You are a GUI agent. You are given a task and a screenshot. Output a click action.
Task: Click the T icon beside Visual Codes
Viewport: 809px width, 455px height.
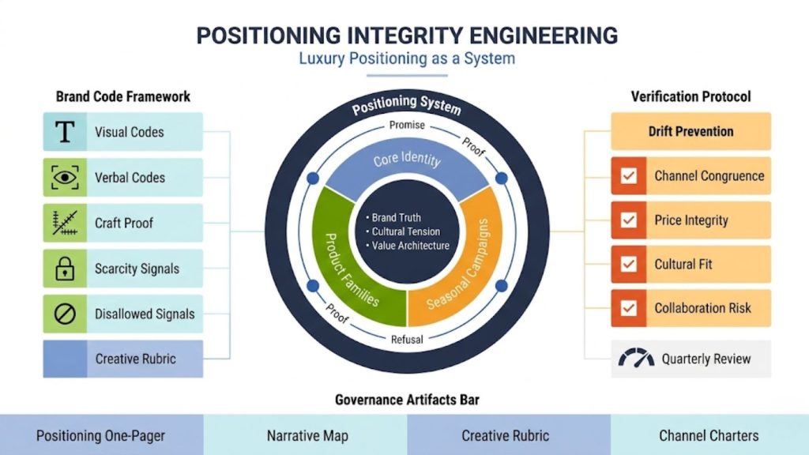point(64,132)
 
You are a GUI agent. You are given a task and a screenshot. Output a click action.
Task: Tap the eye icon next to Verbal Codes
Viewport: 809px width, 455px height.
point(64,178)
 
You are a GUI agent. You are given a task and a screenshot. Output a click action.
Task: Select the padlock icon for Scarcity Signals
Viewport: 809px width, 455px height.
point(64,269)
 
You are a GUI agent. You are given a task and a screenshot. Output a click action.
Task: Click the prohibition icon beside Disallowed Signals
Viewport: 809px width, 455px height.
point(64,314)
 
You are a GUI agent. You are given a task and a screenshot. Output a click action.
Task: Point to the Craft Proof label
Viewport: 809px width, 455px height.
point(124,224)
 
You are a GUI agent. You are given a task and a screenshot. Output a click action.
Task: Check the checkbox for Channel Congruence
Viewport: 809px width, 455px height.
point(629,176)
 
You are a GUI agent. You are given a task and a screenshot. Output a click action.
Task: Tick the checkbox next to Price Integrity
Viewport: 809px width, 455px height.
point(629,220)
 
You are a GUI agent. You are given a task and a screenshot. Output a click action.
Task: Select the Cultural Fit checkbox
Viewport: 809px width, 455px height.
point(629,265)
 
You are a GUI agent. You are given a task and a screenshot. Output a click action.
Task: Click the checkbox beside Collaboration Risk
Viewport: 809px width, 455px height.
point(629,308)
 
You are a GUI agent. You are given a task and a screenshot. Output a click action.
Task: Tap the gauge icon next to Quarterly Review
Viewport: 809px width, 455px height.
point(636,359)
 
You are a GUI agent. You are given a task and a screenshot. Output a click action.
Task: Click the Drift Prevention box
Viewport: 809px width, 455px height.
point(690,132)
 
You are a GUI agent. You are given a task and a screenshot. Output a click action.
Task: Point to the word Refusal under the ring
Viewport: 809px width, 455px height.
point(407,340)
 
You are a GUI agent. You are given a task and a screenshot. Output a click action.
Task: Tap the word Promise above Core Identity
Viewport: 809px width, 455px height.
point(407,125)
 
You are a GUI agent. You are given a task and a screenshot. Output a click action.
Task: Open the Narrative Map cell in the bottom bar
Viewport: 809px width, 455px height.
point(306,435)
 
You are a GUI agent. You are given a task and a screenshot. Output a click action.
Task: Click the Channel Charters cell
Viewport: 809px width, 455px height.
point(709,435)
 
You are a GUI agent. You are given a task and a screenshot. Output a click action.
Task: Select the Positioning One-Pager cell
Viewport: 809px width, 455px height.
point(101,435)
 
